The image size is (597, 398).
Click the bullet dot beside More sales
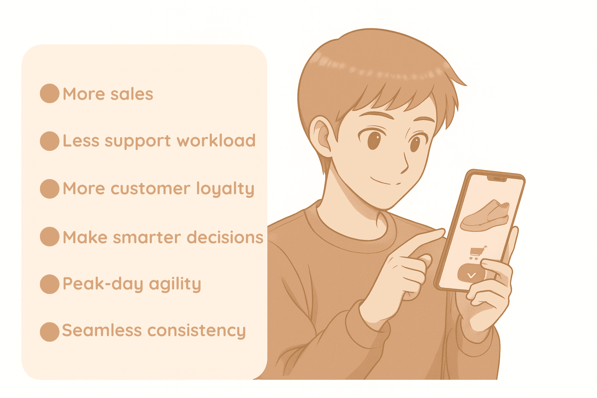coord(49,94)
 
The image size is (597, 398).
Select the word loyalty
coord(225,189)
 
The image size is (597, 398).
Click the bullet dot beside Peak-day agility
coord(49,284)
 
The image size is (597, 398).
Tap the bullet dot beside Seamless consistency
coord(49,332)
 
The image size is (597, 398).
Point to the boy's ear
coord(321,136)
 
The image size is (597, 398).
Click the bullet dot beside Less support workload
coord(49,141)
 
